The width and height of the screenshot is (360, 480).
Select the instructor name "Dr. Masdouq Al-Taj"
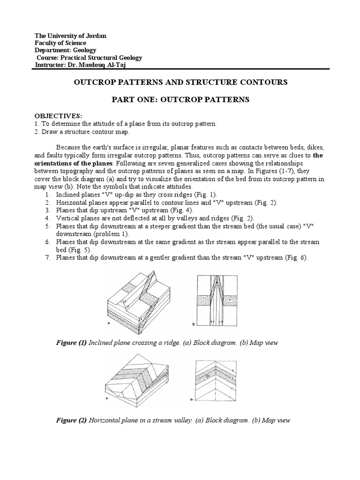tap(98, 64)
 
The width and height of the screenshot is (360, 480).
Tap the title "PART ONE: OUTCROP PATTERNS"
tap(180, 99)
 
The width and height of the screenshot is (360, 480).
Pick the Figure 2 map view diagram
tap(217, 380)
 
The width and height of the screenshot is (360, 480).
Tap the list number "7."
tap(48, 257)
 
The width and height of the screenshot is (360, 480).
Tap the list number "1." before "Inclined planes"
tap(48, 194)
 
